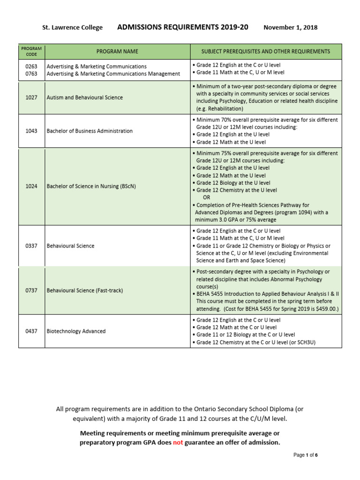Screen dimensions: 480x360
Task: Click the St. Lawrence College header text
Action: (72, 28)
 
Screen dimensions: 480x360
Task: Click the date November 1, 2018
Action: (290, 28)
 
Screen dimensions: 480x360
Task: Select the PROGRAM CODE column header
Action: (31, 51)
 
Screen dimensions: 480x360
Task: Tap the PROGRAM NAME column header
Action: (117, 51)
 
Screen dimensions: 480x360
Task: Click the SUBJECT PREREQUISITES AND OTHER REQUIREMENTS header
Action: (266, 51)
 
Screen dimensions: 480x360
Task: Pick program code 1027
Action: (31, 97)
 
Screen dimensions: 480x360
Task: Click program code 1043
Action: (31, 131)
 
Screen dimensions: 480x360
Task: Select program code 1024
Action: (31, 187)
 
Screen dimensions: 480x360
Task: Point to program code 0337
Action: (31, 246)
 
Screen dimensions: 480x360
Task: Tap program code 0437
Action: (31, 331)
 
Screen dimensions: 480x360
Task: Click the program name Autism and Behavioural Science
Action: (84, 97)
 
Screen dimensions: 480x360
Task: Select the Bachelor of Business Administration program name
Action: (90, 131)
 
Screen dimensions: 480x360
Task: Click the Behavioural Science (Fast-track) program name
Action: (84, 291)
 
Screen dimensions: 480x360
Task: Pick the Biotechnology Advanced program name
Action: (76, 331)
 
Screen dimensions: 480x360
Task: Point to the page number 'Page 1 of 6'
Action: (305, 455)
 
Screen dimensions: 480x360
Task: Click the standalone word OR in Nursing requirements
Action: (207, 198)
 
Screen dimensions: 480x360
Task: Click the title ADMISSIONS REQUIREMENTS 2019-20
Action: (182, 27)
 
